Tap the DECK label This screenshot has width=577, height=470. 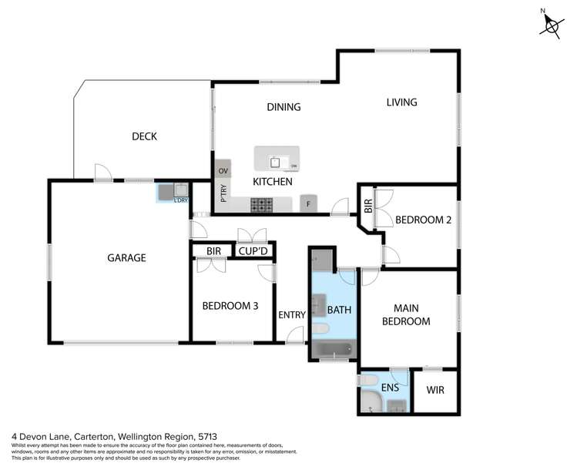[144, 136]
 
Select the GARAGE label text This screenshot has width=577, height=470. [126, 258]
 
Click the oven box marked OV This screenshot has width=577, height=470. [223, 170]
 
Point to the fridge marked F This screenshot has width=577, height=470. [308, 203]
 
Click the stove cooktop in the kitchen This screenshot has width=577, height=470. [262, 204]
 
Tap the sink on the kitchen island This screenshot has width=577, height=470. [275, 162]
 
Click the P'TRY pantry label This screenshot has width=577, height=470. [223, 193]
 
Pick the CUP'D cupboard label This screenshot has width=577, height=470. [253, 250]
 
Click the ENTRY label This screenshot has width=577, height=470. [292, 314]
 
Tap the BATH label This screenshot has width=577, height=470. [339, 310]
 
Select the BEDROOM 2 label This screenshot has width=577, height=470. [421, 220]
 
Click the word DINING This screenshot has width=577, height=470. [283, 107]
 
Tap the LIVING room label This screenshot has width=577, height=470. [401, 102]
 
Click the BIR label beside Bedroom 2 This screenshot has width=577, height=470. [367, 206]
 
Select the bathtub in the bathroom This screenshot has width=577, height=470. [332, 351]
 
